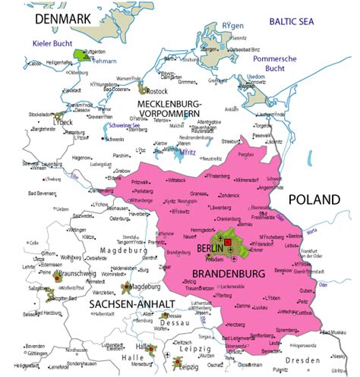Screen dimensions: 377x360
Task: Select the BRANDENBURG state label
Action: (225, 272)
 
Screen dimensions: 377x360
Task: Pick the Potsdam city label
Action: (215, 259)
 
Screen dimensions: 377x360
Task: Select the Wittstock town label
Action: (176, 180)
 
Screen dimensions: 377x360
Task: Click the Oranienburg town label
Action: (228, 220)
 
